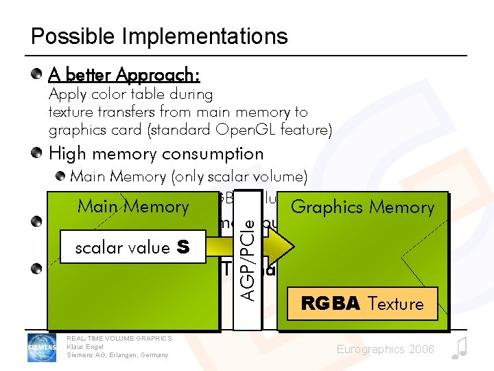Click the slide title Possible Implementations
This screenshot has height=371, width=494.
point(159,36)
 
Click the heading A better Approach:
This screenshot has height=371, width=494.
point(124,74)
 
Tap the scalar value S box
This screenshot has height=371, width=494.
point(132,247)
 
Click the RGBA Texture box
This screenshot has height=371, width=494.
point(362,303)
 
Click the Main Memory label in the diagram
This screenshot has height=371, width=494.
point(133,206)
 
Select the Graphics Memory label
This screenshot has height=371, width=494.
point(362,206)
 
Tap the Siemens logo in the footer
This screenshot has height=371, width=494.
point(41,347)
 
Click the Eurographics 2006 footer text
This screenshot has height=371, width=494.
point(385,350)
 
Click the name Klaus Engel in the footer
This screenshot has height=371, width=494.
point(84,346)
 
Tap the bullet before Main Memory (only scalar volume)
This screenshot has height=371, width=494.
point(61,176)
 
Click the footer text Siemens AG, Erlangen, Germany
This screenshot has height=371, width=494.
point(117,355)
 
